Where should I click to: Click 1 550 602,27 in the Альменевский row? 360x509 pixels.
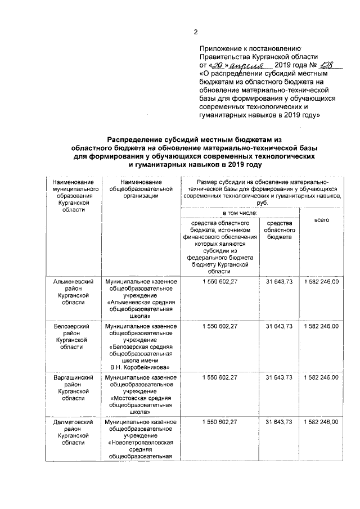tap(220, 281)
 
